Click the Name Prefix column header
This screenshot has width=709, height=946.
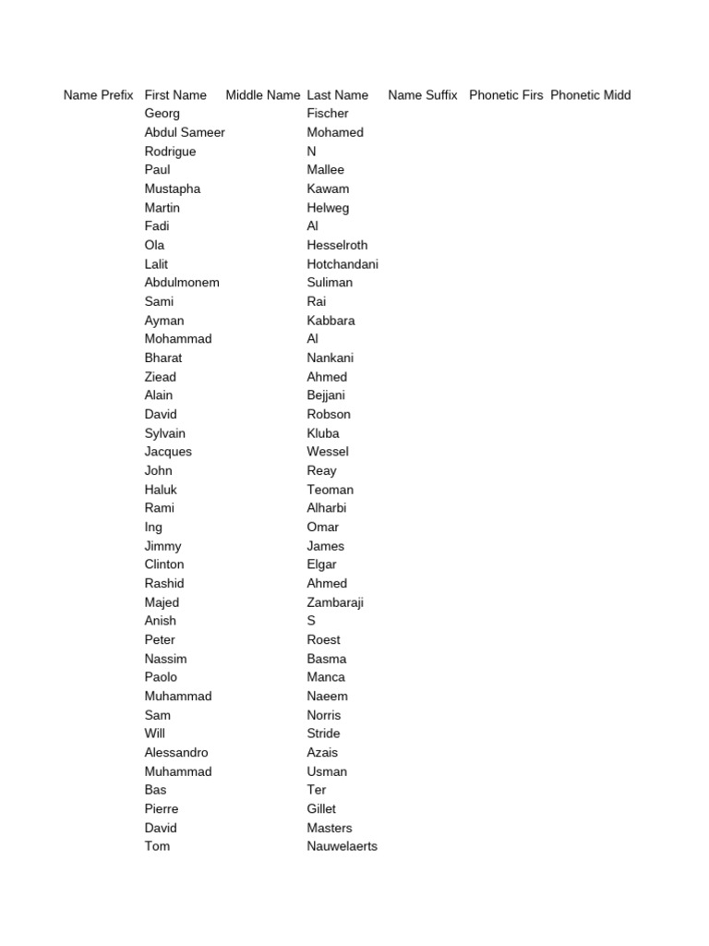pos(99,95)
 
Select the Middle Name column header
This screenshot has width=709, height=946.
pos(262,95)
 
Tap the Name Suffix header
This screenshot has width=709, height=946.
pos(423,95)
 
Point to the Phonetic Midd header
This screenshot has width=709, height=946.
pos(591,95)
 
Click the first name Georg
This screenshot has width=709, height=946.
pos(162,114)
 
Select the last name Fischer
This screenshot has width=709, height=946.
pos(328,114)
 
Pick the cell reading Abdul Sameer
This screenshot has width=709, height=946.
pos(185,132)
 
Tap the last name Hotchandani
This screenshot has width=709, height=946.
pos(342,264)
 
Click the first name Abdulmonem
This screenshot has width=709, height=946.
pos(182,283)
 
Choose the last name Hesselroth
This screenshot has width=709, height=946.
pos(337,245)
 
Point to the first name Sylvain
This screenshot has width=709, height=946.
pos(165,433)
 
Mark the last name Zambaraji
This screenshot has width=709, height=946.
pos(335,602)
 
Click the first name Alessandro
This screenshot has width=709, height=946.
pos(176,753)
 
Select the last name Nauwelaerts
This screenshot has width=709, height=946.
pos(342,846)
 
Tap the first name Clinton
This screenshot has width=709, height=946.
pos(164,564)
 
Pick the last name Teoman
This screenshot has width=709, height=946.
pos(330,490)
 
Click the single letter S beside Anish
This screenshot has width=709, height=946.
pos(311,621)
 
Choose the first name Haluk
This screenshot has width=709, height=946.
pos(161,490)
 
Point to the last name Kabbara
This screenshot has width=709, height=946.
pos(330,321)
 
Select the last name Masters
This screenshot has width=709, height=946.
pos(330,828)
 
